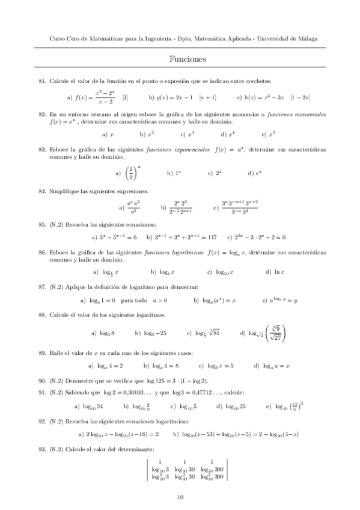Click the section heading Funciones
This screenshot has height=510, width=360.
click(x=188, y=59)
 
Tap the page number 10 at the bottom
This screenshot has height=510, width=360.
click(x=180, y=497)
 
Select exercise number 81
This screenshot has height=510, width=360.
click(x=42, y=81)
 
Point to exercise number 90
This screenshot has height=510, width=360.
click(x=42, y=381)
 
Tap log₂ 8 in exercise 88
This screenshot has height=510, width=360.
click(x=106, y=332)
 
